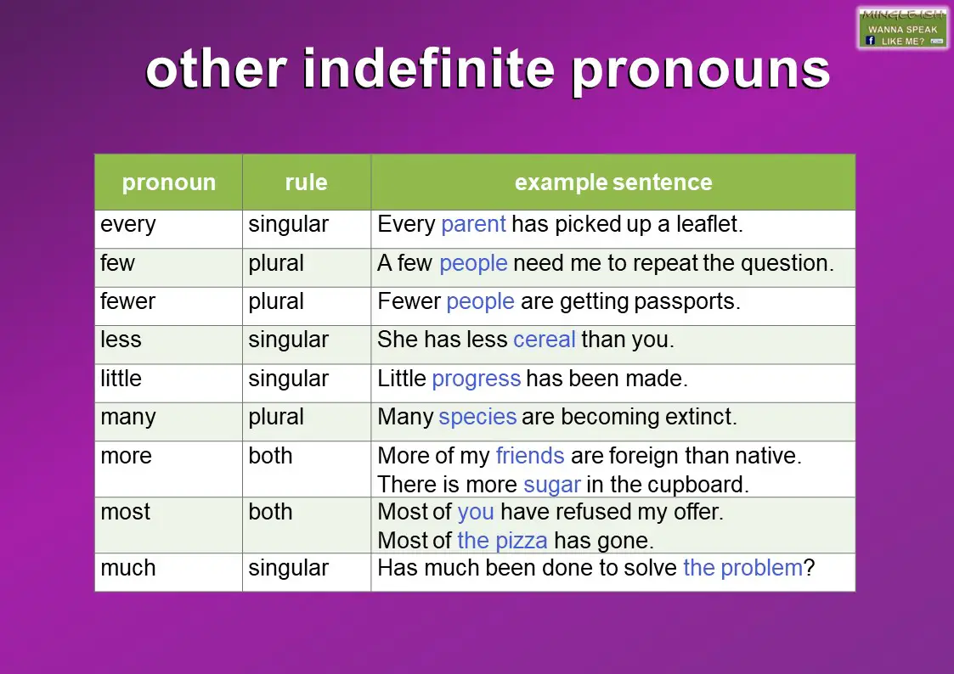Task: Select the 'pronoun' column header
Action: [x=168, y=183]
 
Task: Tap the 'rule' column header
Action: [x=306, y=183]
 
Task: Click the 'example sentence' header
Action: [x=612, y=183]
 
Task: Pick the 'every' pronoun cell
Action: [x=128, y=225]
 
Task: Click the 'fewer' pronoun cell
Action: [x=128, y=302]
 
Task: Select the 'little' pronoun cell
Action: [x=121, y=379]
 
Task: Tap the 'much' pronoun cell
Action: [x=128, y=568]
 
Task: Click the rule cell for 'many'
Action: [x=276, y=418]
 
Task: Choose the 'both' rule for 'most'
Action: [x=270, y=513]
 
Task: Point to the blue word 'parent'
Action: [x=473, y=225]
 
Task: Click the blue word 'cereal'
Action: [x=545, y=340]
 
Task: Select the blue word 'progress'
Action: [x=476, y=379]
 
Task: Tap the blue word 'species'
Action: [x=477, y=418]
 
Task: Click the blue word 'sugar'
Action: [x=551, y=485]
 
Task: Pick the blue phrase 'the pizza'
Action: [x=502, y=540]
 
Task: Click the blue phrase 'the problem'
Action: [x=742, y=568]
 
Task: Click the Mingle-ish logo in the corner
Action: [x=902, y=27]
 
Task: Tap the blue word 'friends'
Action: [x=530, y=456]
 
